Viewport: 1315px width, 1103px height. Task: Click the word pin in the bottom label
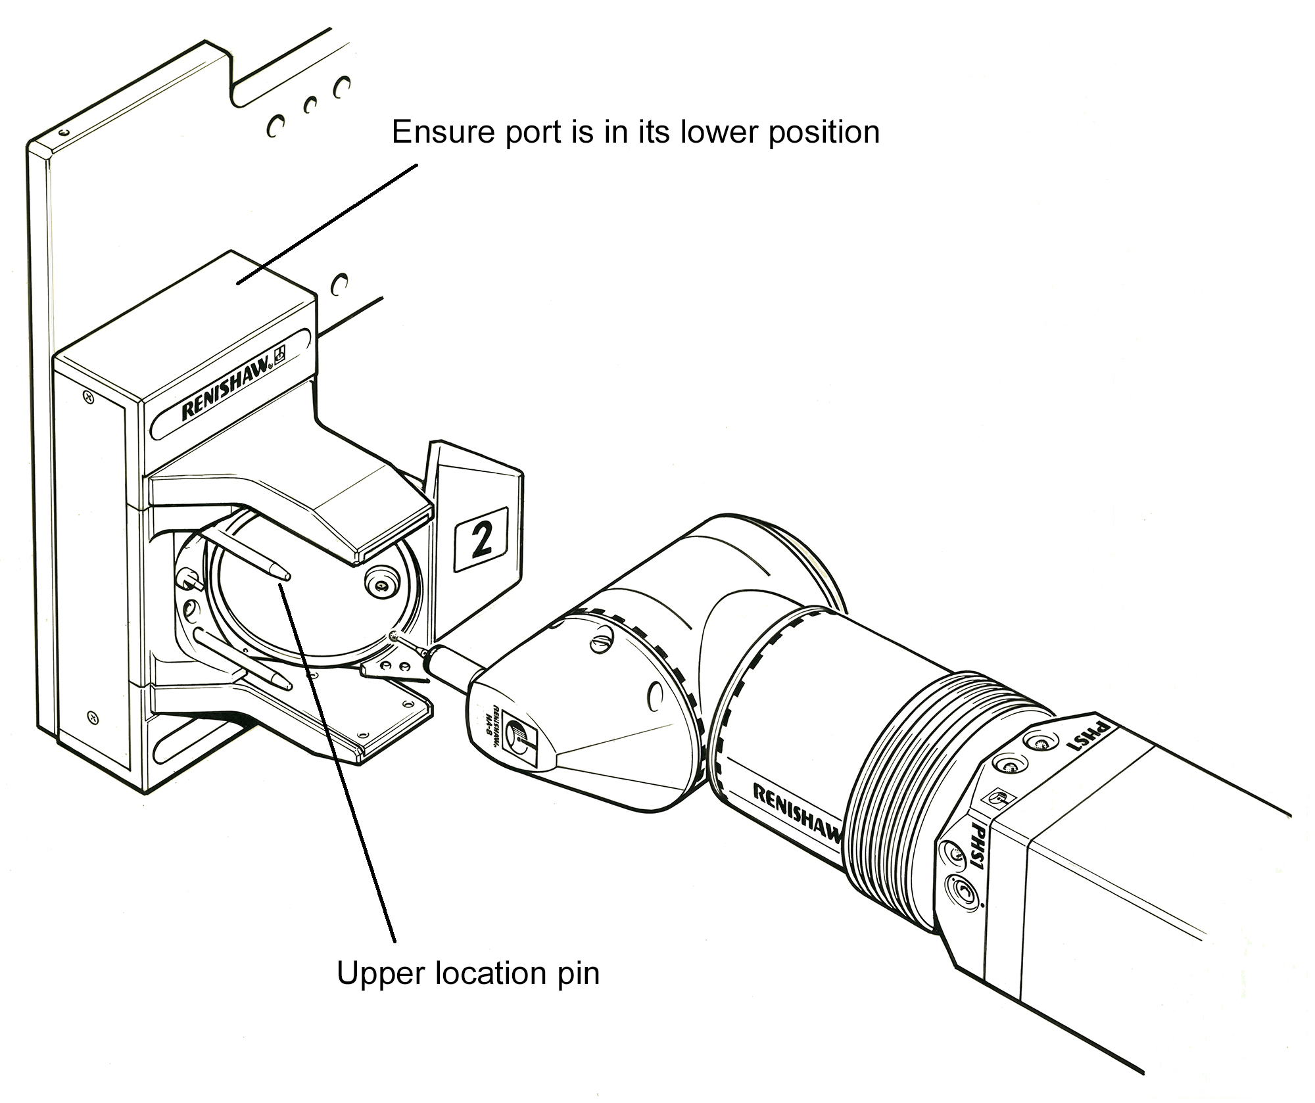click(x=579, y=974)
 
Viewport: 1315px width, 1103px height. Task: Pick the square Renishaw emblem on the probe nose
click(x=523, y=738)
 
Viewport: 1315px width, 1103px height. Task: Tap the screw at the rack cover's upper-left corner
click(x=87, y=396)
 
